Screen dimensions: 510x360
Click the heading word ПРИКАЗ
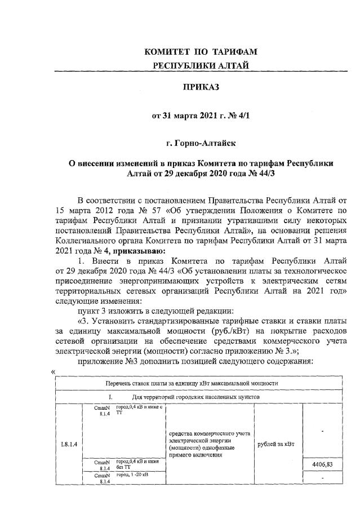(200, 87)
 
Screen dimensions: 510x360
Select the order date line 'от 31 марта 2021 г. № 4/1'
(200, 117)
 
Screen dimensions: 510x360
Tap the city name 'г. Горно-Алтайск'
(200, 145)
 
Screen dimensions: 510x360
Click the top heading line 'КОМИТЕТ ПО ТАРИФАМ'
(201, 51)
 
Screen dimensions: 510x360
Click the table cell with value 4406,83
(322, 464)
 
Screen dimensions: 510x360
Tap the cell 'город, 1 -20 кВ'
(134, 476)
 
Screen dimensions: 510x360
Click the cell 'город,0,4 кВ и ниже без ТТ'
(136, 464)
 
